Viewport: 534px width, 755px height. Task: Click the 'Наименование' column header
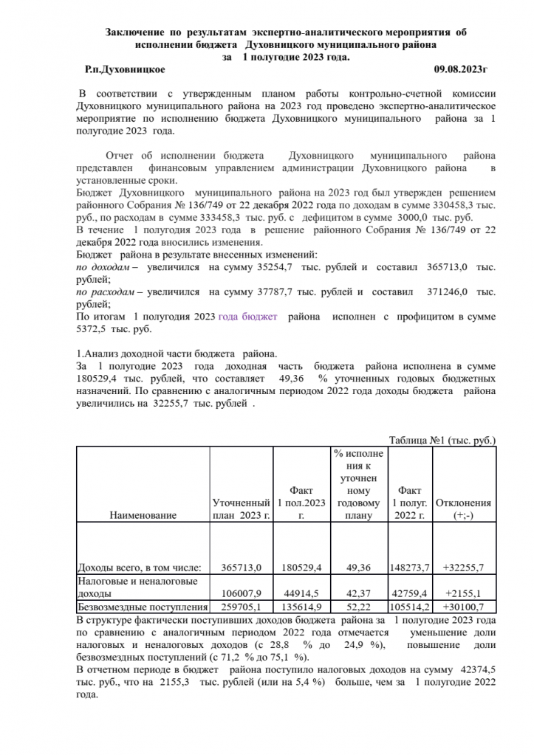click(143, 515)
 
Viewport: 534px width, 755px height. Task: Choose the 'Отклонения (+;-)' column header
click(465, 508)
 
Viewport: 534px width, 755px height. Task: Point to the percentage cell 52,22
click(358, 607)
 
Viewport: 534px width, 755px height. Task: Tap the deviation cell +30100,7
click(465, 607)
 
